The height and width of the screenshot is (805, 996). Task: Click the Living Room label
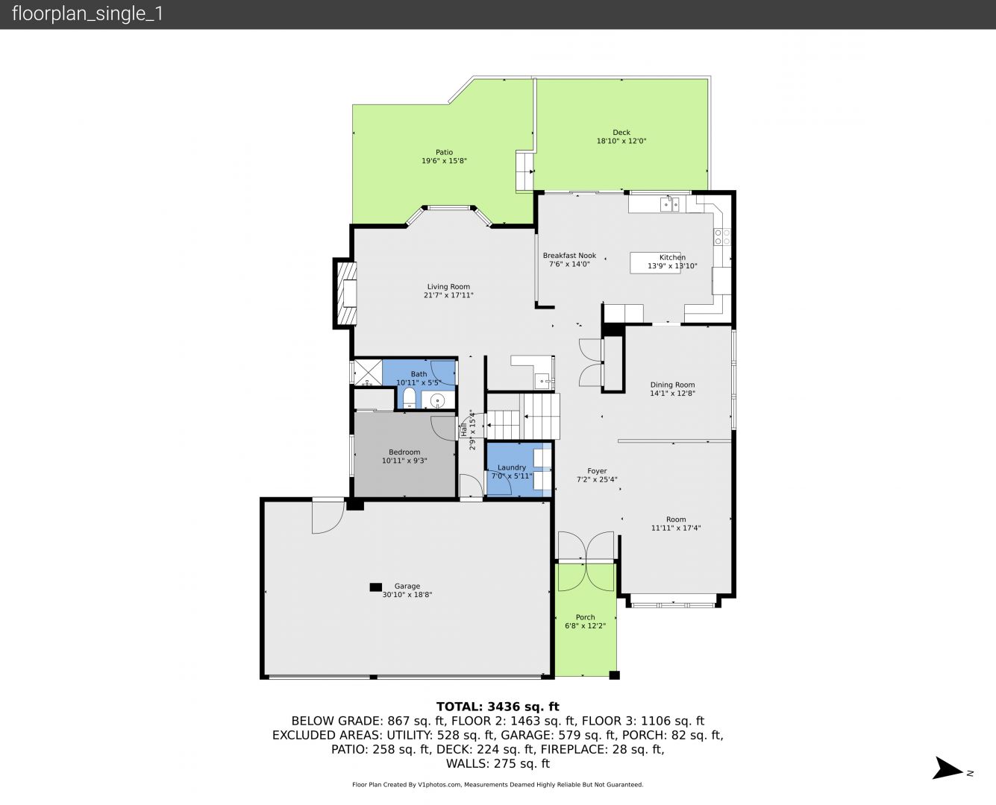[448, 287]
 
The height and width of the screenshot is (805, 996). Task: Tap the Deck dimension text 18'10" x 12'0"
[621, 141]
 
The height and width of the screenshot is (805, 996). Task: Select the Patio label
[444, 152]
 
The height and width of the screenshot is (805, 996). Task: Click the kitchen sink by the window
[669, 205]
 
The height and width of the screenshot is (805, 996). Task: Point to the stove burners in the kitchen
[722, 236]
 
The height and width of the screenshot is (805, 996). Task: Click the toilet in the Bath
[410, 398]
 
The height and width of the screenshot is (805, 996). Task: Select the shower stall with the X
[368, 373]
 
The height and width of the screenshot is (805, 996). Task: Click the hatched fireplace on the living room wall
[345, 293]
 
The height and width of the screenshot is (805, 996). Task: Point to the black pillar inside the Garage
[375, 587]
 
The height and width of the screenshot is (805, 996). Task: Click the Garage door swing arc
[329, 518]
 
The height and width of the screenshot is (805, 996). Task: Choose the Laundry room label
[512, 467]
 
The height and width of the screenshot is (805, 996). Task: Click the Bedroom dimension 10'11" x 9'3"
[404, 461]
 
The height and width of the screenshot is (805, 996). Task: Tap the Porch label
[586, 617]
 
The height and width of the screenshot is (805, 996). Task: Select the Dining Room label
[672, 385]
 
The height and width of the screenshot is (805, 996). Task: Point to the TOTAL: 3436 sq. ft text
[498, 707]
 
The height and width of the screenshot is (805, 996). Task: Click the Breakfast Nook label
[569, 256]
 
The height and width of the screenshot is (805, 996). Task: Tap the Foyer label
[597, 471]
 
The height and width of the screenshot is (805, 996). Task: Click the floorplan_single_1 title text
[87, 14]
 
